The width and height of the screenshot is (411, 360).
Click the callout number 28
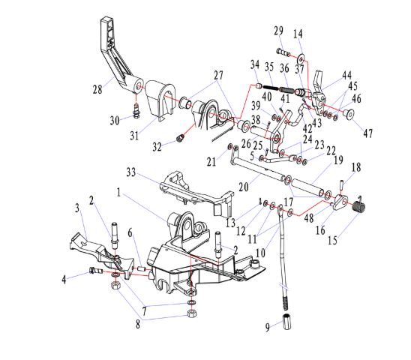(97, 90)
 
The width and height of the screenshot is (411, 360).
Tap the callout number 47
(367, 133)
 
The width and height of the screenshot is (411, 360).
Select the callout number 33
(131, 172)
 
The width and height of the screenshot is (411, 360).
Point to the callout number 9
(267, 327)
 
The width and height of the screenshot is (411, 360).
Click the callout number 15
(332, 241)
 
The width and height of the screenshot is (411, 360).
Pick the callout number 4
(64, 280)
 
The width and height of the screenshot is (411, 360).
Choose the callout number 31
(134, 136)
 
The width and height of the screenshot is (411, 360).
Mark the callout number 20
(243, 187)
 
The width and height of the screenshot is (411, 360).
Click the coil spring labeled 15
(358, 205)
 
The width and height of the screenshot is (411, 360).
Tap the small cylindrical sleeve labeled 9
(287, 322)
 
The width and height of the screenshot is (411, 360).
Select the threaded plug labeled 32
(180, 138)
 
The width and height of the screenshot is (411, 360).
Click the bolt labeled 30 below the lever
(136, 111)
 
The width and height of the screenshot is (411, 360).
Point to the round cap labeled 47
(349, 113)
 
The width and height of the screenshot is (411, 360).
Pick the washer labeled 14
(301, 57)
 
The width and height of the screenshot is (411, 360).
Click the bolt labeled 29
(283, 52)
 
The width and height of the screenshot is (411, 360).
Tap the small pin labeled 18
(341, 185)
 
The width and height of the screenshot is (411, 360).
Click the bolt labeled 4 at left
(95, 270)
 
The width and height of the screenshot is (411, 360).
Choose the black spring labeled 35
(271, 88)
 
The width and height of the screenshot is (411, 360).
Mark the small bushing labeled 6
(142, 268)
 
